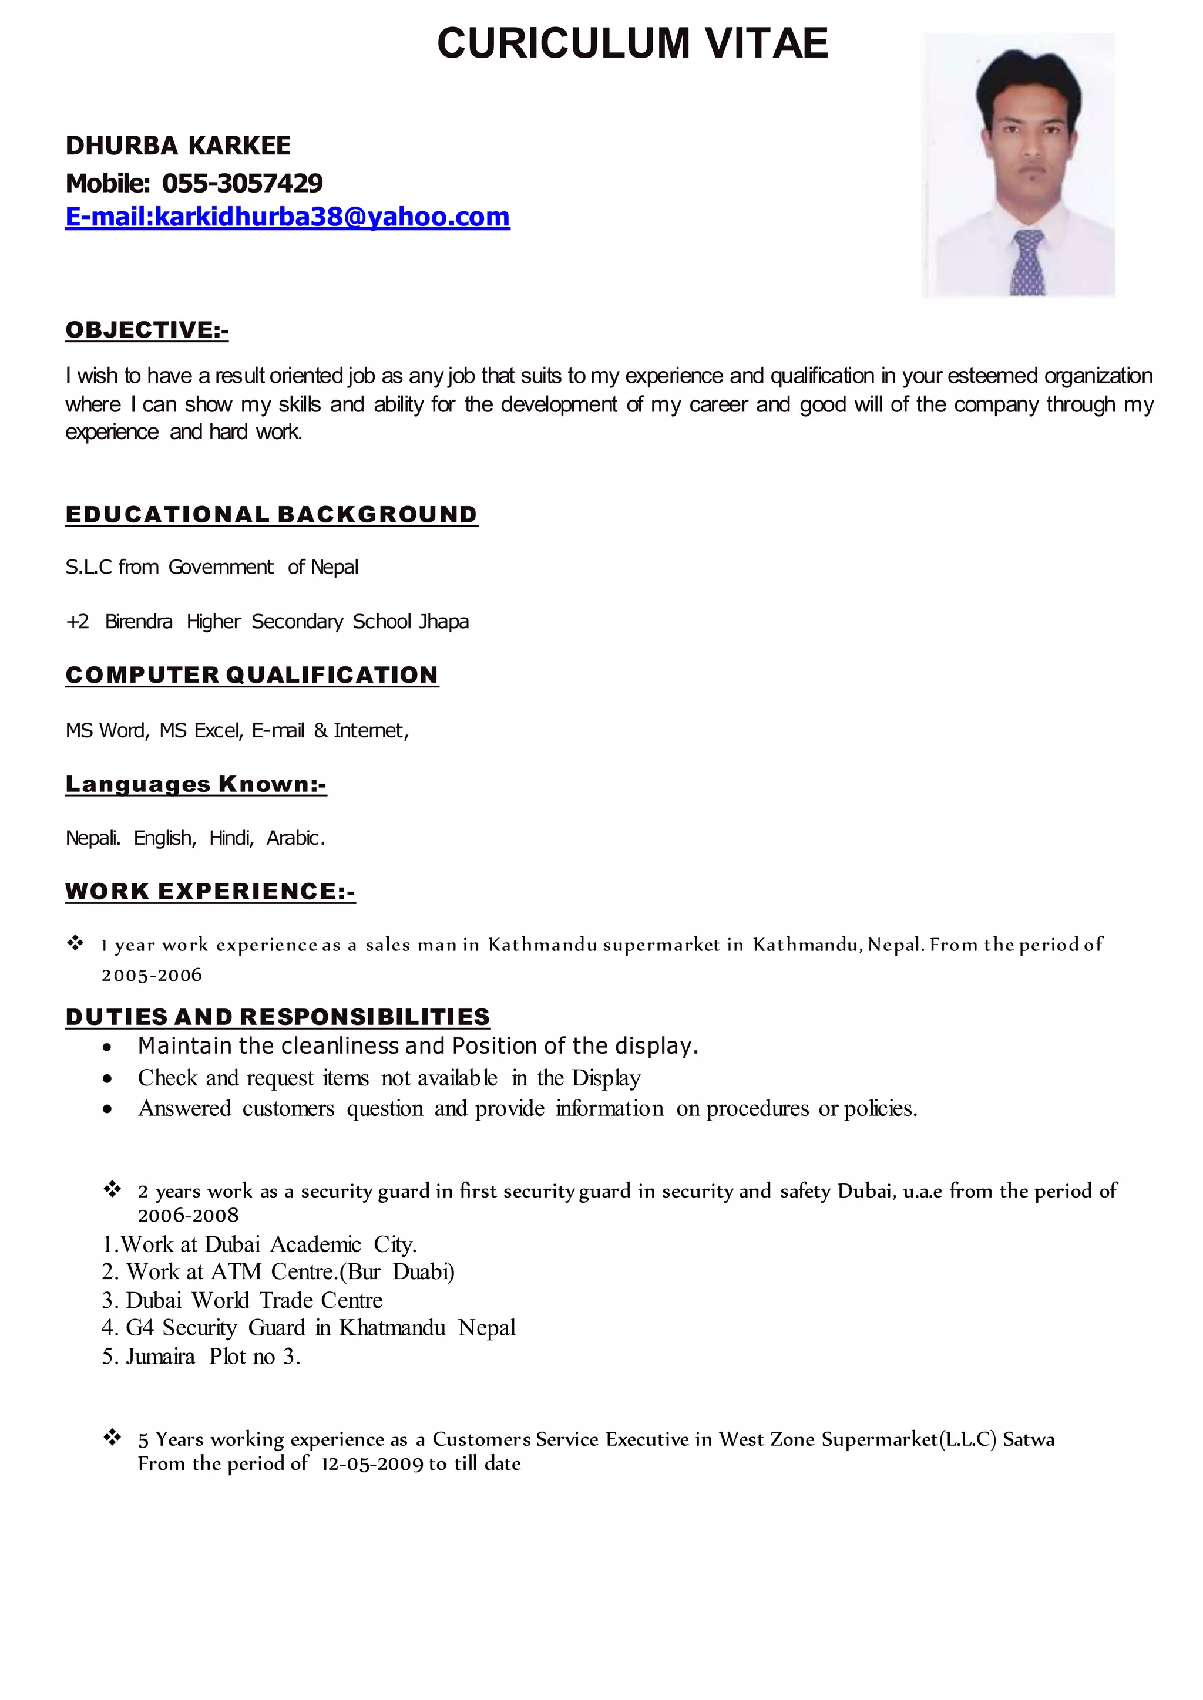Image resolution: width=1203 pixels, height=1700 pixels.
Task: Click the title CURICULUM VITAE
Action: click(632, 43)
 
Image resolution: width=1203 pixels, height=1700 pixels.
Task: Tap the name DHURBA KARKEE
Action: click(178, 146)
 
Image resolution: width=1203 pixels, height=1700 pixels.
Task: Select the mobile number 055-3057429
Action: click(242, 183)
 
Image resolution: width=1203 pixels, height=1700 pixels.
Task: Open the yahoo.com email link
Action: click(287, 217)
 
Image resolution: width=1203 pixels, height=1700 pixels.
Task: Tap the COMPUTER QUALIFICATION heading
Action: click(252, 674)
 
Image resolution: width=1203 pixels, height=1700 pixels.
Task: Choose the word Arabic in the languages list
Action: click(295, 838)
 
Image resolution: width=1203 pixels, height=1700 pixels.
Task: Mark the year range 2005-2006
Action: click(152, 975)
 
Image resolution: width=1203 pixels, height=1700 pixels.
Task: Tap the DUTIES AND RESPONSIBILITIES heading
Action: click(278, 1017)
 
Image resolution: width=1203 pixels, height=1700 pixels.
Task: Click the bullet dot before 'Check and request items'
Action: click(108, 1080)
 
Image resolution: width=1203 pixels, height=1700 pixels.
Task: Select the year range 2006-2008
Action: click(188, 1216)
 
